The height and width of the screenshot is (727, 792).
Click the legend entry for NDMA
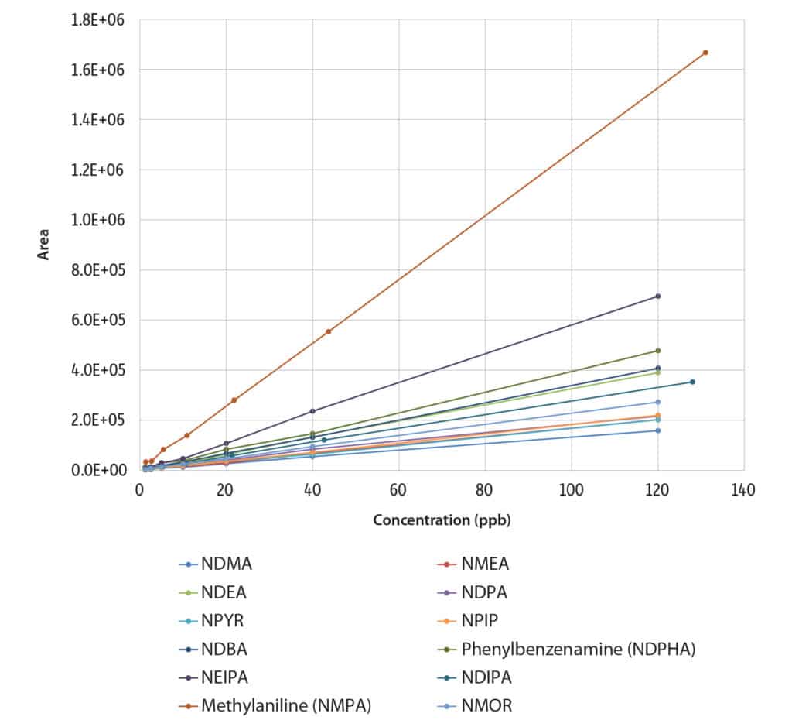pyautogui.click(x=226, y=564)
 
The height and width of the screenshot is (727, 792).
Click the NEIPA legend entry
pyautogui.click(x=226, y=677)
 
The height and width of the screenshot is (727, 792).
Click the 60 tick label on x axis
pyautogui.click(x=398, y=490)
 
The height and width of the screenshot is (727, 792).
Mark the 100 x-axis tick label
pyautogui.click(x=572, y=490)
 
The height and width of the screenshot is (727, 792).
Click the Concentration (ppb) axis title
pyautogui.click(x=442, y=520)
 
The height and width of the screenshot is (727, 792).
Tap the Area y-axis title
pyautogui.click(x=45, y=243)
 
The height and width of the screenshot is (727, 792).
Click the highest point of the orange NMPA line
pyautogui.click(x=705, y=53)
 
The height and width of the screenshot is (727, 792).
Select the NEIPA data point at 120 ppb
pyautogui.click(x=657, y=297)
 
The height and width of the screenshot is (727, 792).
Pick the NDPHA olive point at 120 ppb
pyautogui.click(x=657, y=351)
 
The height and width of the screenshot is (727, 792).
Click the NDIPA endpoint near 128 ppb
pyautogui.click(x=692, y=382)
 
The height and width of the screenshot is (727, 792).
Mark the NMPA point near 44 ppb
pyautogui.click(x=328, y=331)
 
